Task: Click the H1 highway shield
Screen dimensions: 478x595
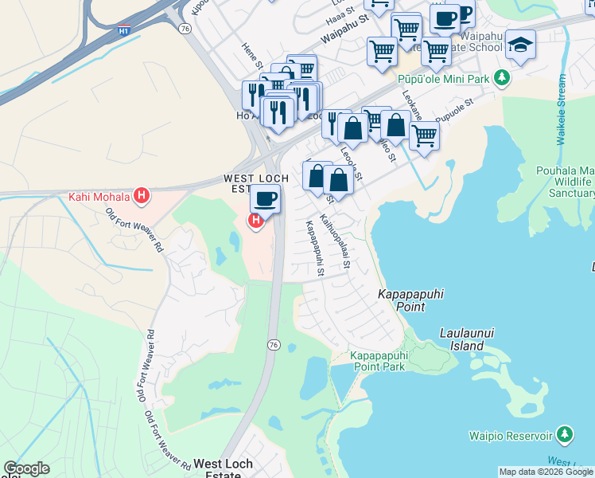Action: point(123,30)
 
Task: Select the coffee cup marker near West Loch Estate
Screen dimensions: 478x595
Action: point(265,198)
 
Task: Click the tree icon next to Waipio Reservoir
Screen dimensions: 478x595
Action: point(565,435)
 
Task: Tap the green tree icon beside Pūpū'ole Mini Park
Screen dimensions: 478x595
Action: point(501,77)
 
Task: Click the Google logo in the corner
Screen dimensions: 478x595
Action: point(26,468)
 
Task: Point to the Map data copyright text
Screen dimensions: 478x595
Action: point(546,472)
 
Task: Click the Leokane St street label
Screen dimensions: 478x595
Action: point(415,104)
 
